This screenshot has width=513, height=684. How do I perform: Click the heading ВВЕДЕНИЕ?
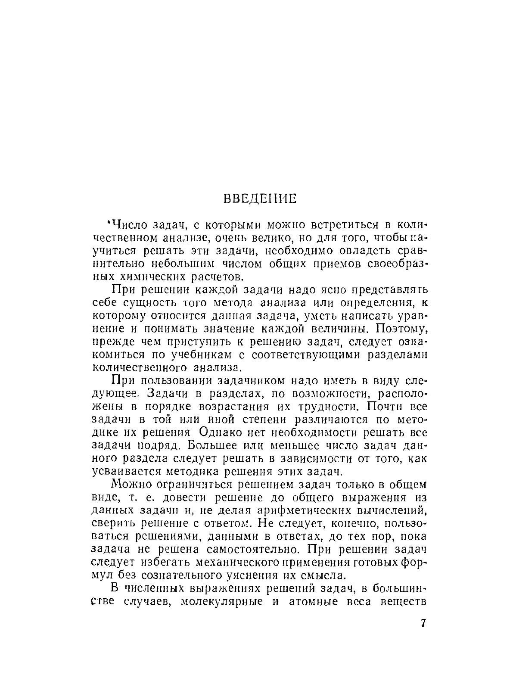point(260,199)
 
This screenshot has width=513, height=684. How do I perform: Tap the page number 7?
point(423,623)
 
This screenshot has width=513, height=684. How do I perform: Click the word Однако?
point(232,433)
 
